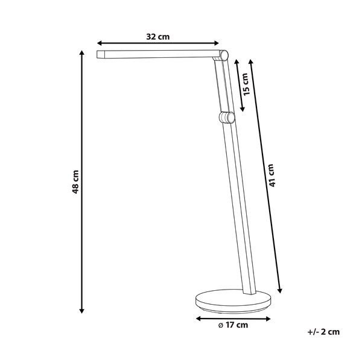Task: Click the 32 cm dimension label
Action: (x=158, y=37)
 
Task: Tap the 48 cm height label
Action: (x=75, y=182)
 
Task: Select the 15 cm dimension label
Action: (x=247, y=84)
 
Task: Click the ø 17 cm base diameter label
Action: (x=233, y=325)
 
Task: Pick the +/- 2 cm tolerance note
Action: (x=323, y=332)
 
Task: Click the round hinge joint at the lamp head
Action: (x=223, y=55)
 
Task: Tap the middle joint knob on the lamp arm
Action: (x=227, y=118)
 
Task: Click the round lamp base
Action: (x=233, y=301)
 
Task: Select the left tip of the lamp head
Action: (x=97, y=54)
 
